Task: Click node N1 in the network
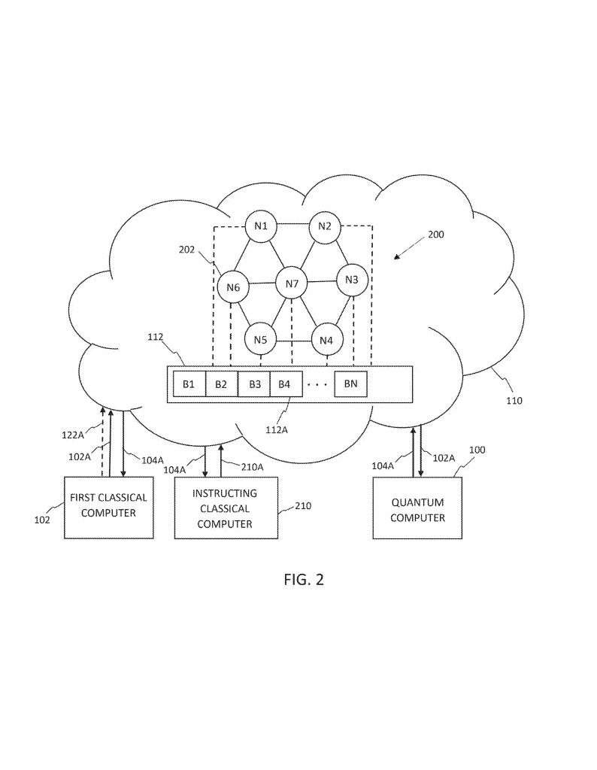pos(261,226)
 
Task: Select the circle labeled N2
pos(325,226)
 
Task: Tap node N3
pos(352,280)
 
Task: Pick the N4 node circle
pos(326,339)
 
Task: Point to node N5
pos(260,339)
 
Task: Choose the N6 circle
pos(233,286)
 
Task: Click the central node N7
pos(292,283)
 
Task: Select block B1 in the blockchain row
pos(189,384)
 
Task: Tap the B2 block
pos(221,384)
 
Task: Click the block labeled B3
pos(254,384)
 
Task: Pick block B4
pos(284,384)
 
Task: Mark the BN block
pos(351,384)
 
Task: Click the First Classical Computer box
pos(108,506)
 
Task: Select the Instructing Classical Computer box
pos(225,509)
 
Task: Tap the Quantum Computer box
pos(417,510)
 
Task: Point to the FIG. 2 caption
pos(304,580)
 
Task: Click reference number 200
pos(435,235)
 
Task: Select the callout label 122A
pos(73,435)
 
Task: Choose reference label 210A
pos(253,466)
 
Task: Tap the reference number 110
pos(514,401)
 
